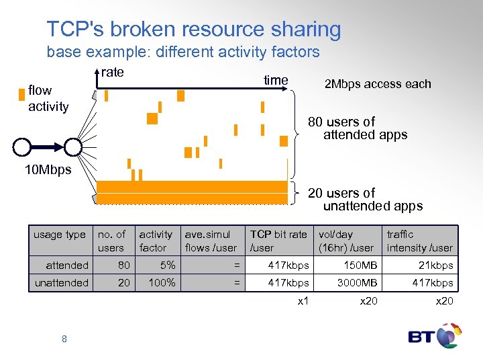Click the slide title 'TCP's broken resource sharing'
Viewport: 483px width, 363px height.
coord(194,30)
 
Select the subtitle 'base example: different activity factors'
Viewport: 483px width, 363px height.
coord(183,52)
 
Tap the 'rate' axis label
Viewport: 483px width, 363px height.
coord(113,73)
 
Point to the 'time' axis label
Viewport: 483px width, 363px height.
coord(276,81)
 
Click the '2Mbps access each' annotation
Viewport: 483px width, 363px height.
coord(378,84)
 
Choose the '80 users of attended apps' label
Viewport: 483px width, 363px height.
coord(358,128)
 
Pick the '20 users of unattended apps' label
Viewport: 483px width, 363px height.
coord(365,200)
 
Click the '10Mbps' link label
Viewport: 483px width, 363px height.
coord(48,170)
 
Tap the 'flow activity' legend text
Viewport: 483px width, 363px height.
coord(48,98)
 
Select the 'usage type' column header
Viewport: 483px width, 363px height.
coord(60,235)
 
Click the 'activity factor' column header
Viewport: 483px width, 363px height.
coord(156,241)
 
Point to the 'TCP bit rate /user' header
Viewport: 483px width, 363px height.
coord(278,241)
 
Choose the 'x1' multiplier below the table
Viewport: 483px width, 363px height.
coord(303,300)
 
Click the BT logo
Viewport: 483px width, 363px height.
coord(434,335)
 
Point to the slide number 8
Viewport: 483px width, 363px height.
coord(64,339)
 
